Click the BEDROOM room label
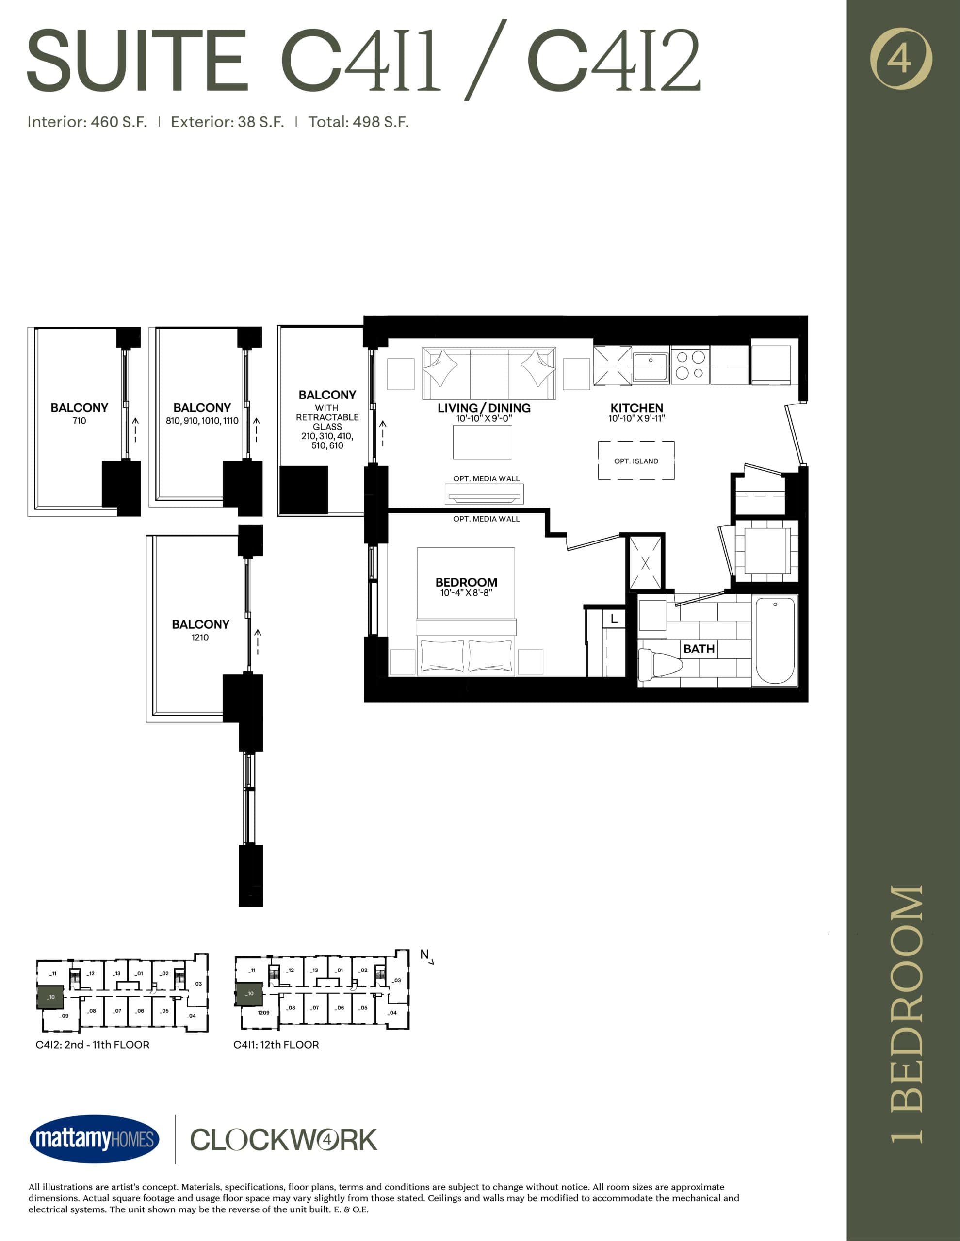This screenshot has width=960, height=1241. click(466, 582)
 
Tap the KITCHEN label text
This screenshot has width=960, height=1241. click(636, 408)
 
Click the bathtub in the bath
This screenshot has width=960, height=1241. click(775, 640)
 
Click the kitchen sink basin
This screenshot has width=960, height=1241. click(651, 366)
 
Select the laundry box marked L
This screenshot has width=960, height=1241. click(614, 619)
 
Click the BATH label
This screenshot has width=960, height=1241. click(699, 649)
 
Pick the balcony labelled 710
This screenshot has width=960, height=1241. click(79, 413)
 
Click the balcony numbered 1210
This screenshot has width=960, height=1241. click(200, 630)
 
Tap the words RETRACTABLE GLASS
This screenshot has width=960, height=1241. click(327, 422)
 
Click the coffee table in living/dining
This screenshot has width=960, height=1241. click(482, 442)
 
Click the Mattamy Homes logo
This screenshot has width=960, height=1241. click(95, 1139)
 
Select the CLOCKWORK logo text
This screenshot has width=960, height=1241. click(283, 1140)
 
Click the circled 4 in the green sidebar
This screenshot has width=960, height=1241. click(901, 59)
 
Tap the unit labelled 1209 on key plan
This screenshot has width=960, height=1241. click(263, 1013)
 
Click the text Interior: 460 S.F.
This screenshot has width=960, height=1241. click(87, 122)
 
